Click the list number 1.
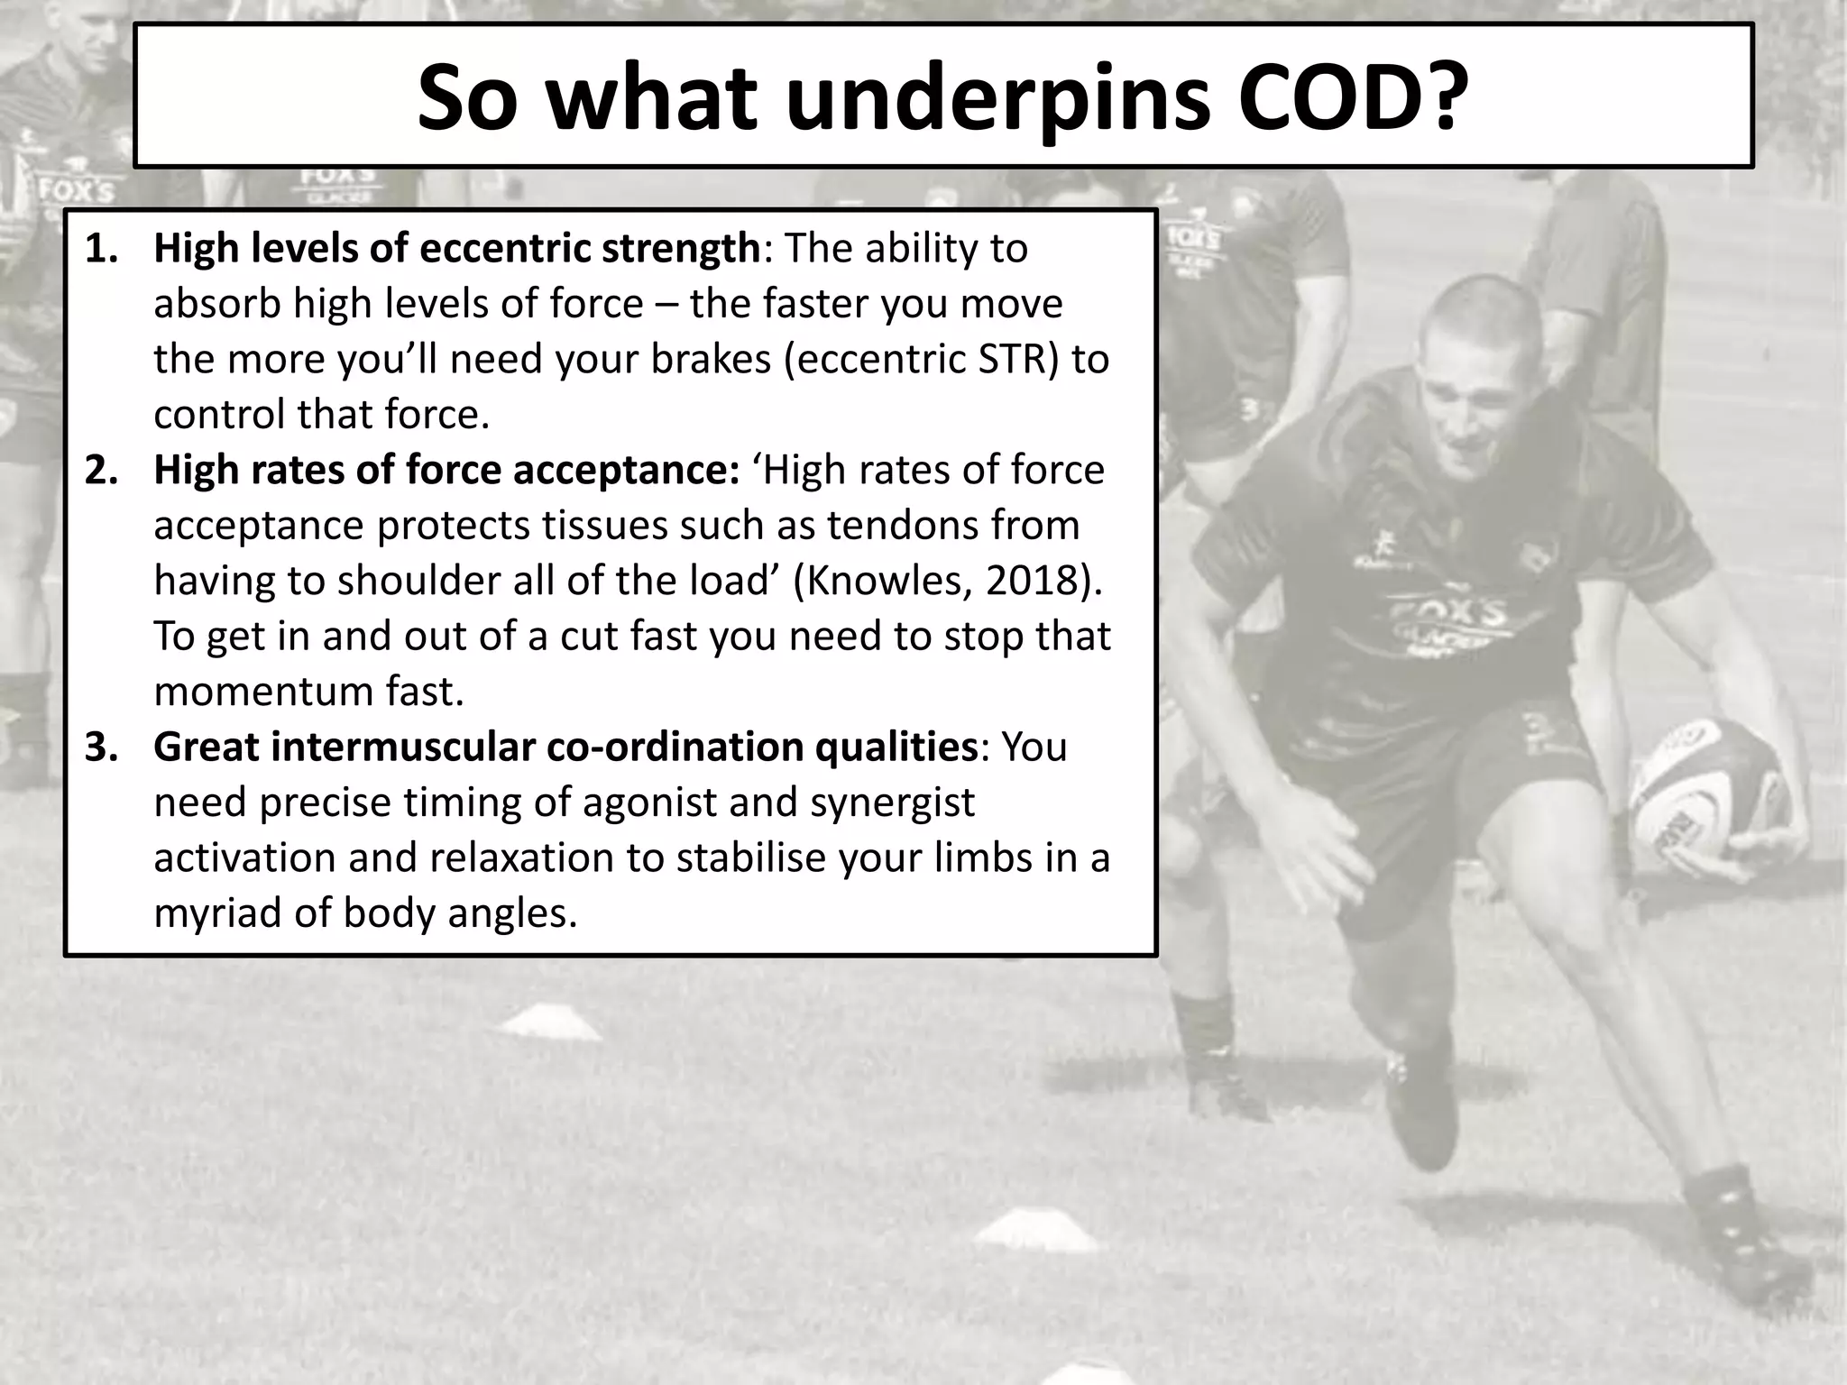[x=101, y=249]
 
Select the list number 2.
[x=101, y=471]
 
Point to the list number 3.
[x=101, y=748]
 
